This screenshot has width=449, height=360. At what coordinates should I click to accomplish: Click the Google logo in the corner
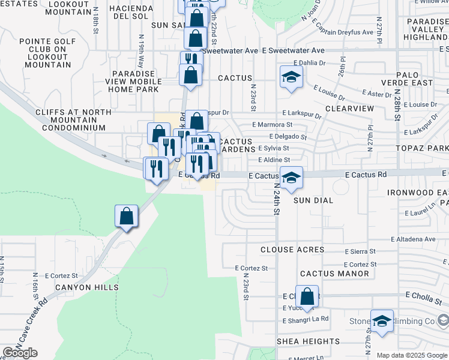coord(20,353)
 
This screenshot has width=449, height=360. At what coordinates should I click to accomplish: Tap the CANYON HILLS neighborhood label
coord(82,287)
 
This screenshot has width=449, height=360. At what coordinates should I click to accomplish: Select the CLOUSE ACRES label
coord(292,250)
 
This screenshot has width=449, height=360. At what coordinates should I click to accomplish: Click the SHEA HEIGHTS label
coord(308,341)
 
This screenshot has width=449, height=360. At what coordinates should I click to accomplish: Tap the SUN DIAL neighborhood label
coord(313,200)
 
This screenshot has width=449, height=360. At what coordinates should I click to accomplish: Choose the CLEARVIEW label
coord(349,108)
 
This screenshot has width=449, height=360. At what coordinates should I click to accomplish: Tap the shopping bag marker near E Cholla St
coord(307,296)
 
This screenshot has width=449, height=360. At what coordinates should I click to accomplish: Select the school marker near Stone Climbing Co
coord(381,321)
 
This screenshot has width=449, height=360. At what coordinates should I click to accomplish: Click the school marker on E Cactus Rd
coord(291,178)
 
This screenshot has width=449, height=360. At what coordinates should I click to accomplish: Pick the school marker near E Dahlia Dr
coord(291,77)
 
